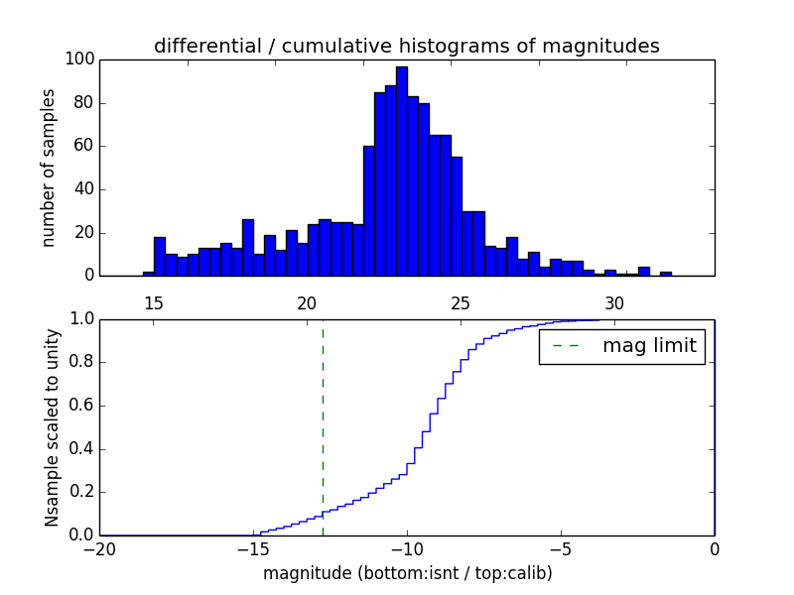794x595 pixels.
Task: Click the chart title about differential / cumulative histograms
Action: [x=406, y=46]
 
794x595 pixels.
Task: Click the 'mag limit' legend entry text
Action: [x=649, y=346]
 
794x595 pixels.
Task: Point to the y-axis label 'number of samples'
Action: [x=49, y=168]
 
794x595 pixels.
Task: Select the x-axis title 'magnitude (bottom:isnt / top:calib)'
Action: [x=407, y=573]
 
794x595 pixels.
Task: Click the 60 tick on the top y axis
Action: [x=83, y=146]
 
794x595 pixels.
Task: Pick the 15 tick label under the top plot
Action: [x=154, y=302]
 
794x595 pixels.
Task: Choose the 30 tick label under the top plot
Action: [x=614, y=302]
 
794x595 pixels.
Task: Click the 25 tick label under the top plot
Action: [x=461, y=302]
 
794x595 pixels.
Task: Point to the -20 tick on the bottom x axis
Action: [x=99, y=549]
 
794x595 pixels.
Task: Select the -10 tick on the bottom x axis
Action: [x=407, y=549]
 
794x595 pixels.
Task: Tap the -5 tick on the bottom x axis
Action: [x=561, y=549]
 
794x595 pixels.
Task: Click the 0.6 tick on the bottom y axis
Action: [x=79, y=406]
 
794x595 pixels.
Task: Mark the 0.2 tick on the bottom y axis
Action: [x=79, y=492]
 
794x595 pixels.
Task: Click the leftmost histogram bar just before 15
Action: [x=148, y=274]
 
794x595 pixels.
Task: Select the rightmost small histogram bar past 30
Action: [x=665, y=274]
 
